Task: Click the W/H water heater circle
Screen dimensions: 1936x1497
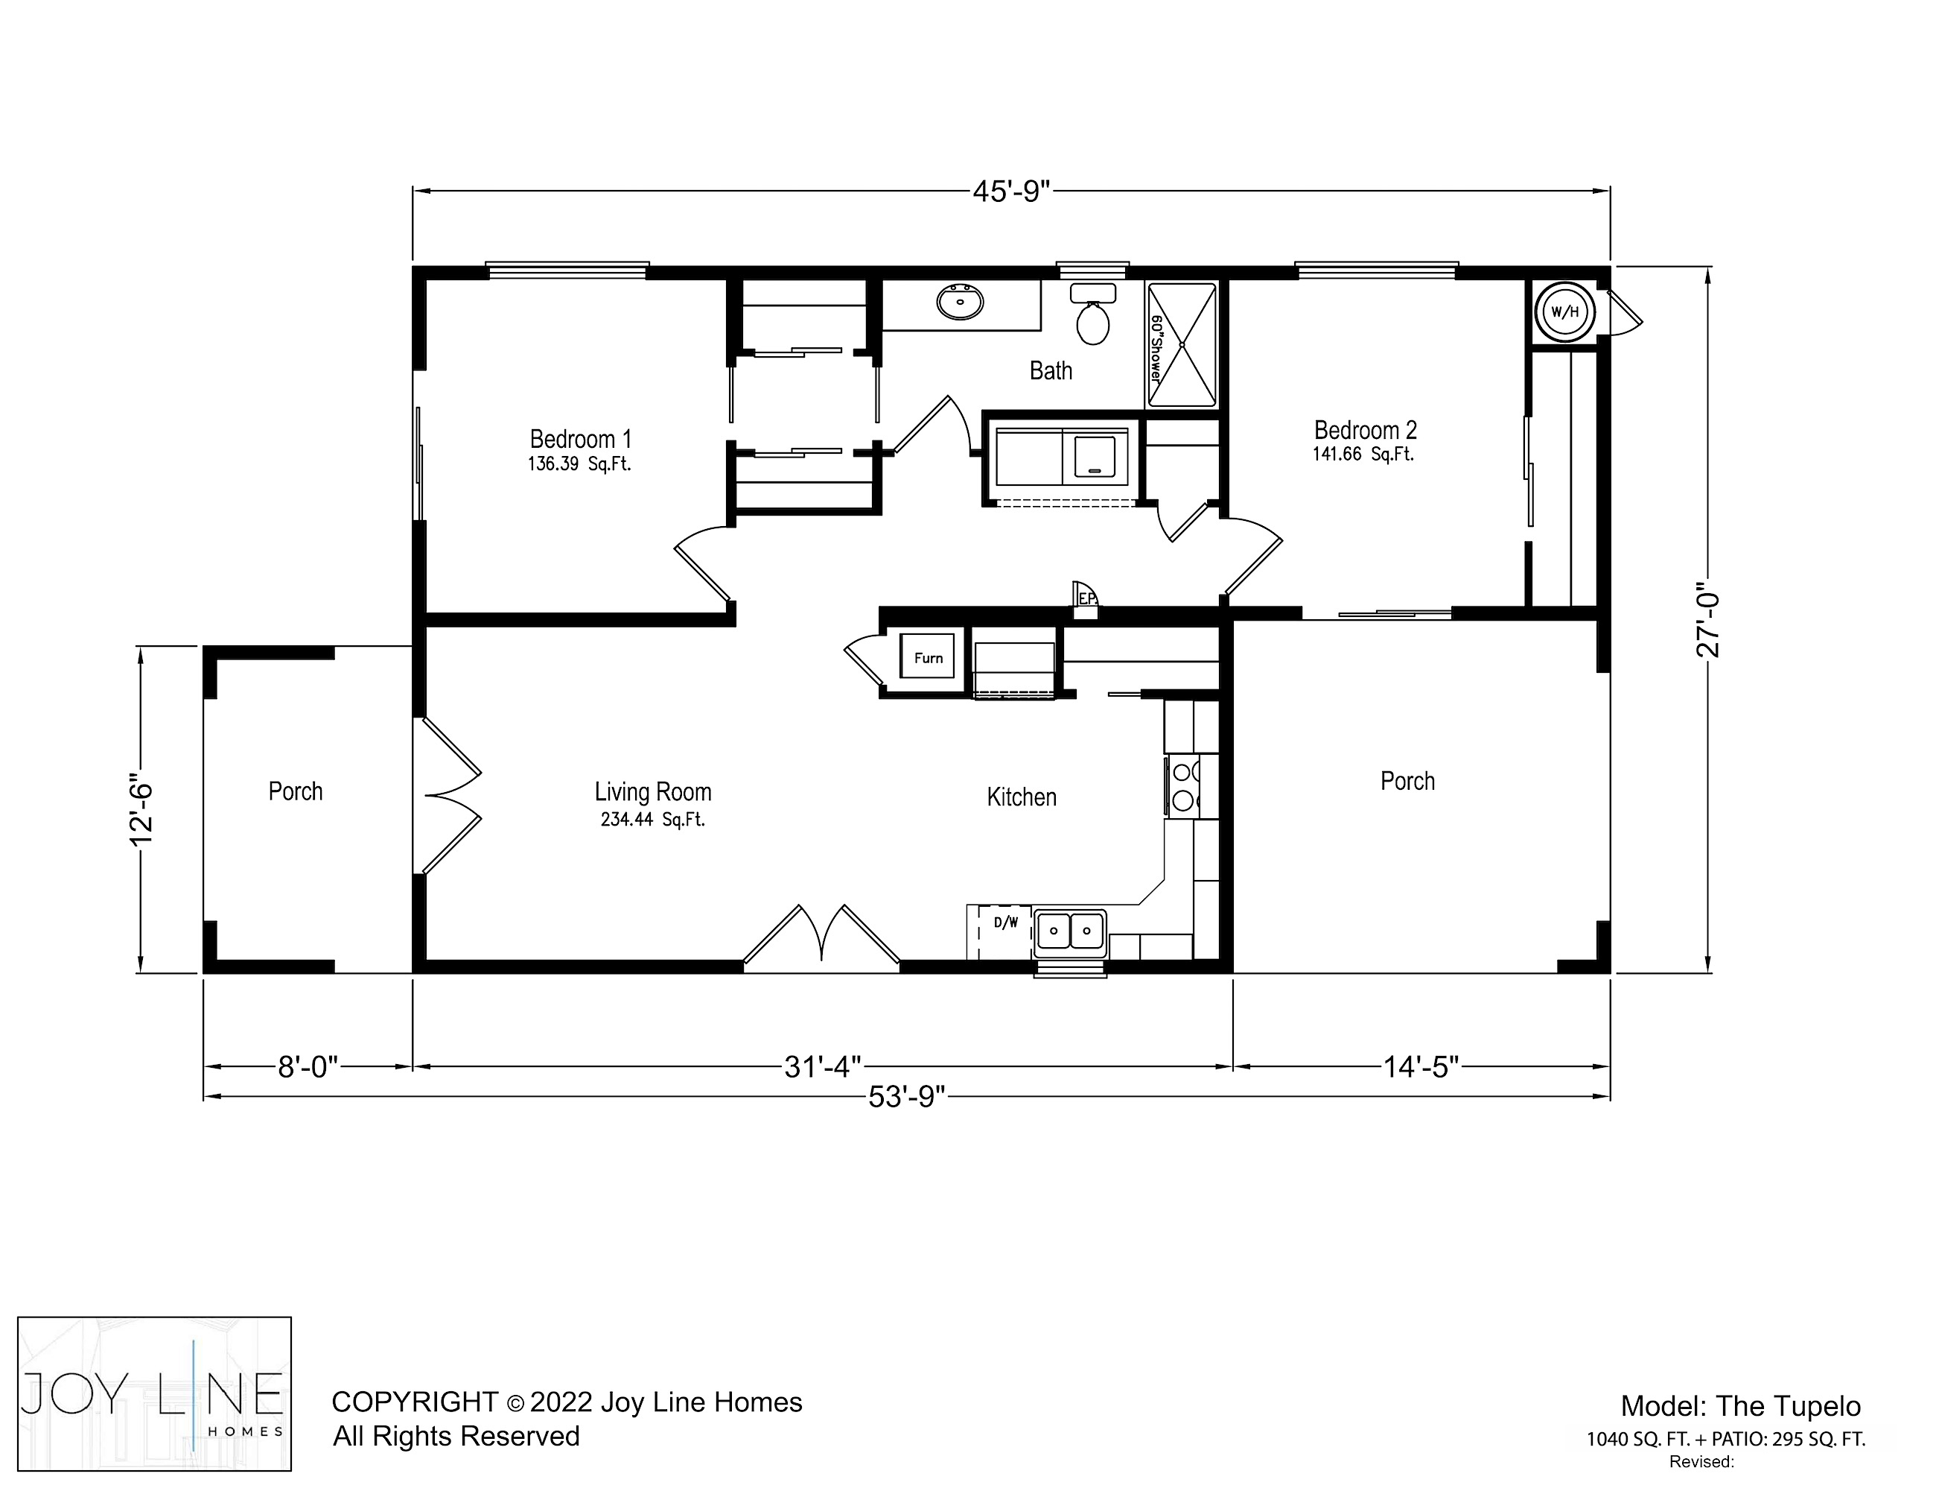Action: (x=1565, y=311)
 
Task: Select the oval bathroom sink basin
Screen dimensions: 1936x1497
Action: (x=960, y=303)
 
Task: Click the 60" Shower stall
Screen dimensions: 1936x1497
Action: (x=1182, y=345)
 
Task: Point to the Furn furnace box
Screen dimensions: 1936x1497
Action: (x=928, y=657)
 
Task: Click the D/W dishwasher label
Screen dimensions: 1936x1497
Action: (x=1006, y=922)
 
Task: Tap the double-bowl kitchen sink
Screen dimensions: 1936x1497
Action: (x=1071, y=931)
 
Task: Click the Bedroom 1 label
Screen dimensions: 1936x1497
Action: (x=581, y=439)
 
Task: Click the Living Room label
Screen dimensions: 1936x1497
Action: (x=653, y=791)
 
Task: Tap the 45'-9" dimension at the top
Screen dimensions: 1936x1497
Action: (x=1011, y=191)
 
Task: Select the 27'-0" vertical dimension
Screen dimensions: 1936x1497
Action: (x=1707, y=619)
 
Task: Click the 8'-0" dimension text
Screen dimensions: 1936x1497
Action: (x=308, y=1066)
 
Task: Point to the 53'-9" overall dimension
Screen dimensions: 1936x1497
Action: (x=907, y=1097)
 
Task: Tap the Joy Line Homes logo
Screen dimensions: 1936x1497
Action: (x=154, y=1394)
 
